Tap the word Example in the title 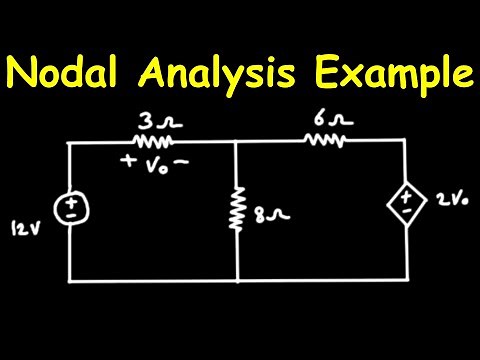point(395,73)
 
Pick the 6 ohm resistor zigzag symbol point(326,141)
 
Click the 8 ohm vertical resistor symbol point(237,210)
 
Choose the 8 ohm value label point(265,213)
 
